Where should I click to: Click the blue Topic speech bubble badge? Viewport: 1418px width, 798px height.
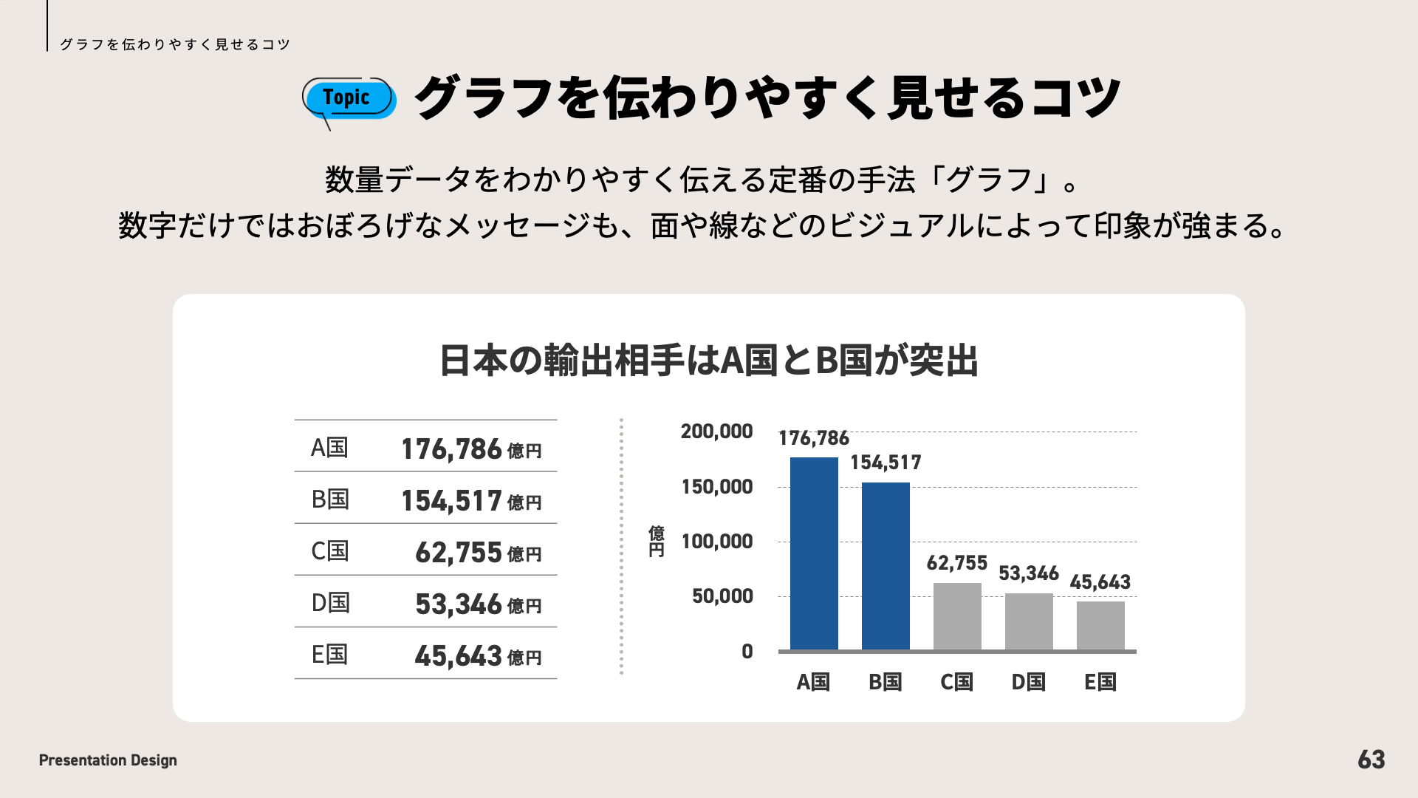coord(349,99)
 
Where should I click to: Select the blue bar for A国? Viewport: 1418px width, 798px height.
coord(814,553)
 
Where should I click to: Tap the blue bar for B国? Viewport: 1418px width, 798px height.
coord(886,566)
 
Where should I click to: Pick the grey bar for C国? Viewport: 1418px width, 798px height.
coord(957,616)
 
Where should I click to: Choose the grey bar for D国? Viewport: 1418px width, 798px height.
coord(1029,621)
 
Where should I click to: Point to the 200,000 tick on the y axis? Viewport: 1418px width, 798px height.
coord(716,432)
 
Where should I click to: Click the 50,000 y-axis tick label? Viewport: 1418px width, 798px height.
coord(722,596)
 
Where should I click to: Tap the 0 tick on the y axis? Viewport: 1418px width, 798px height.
coord(747,652)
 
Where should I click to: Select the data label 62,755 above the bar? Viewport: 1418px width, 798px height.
coord(956,563)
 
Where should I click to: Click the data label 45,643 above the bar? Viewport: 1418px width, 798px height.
coord(1100,582)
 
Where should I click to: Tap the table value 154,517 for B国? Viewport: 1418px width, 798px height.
coord(451,501)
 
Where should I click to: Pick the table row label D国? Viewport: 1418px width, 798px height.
coord(329,603)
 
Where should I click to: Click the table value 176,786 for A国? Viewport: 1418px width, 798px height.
coord(451,449)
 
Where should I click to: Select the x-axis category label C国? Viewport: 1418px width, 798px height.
coord(956,682)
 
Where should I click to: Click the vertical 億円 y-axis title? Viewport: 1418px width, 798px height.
coord(656,542)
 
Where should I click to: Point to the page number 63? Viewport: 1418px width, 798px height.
coord(1371,760)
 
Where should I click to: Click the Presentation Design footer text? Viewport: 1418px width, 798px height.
coord(108,760)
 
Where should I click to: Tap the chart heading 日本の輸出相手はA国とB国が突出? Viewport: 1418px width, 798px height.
coord(708,361)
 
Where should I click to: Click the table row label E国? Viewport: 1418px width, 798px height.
coord(329,655)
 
